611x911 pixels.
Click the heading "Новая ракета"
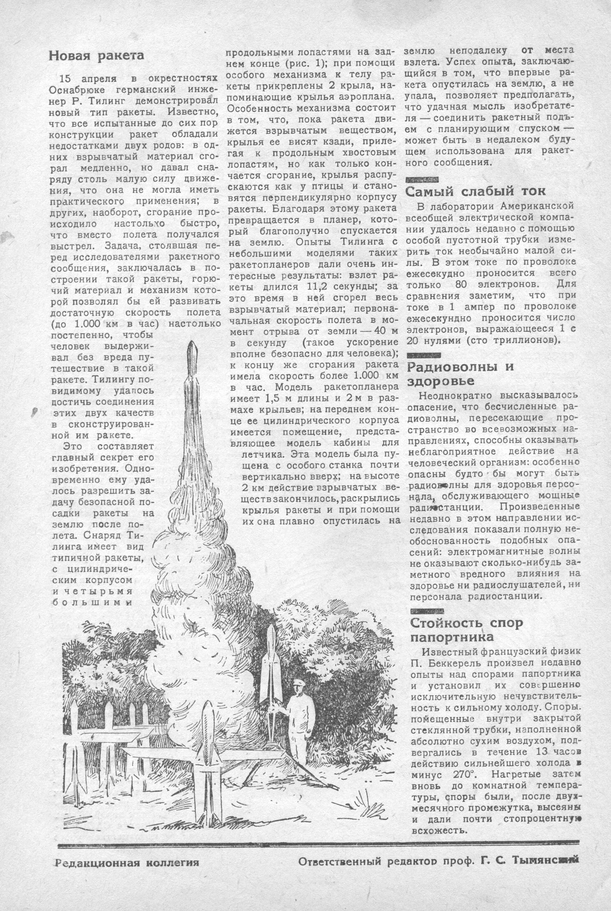point(96,56)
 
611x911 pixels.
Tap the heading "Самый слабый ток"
point(475,191)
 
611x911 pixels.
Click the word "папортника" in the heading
point(452,637)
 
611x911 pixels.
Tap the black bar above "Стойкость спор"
point(428,611)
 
